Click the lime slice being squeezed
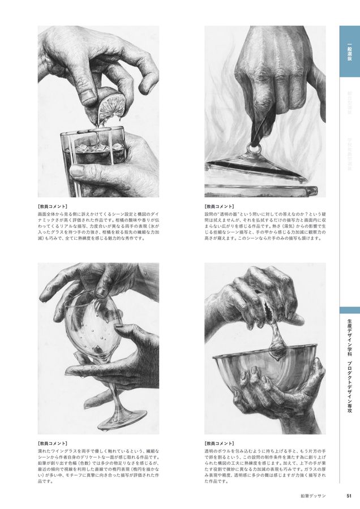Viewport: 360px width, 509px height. [x=109, y=107]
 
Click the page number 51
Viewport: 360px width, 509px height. [x=349, y=497]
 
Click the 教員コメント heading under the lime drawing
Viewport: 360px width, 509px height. [x=53, y=206]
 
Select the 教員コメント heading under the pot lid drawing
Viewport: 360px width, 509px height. [x=220, y=206]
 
